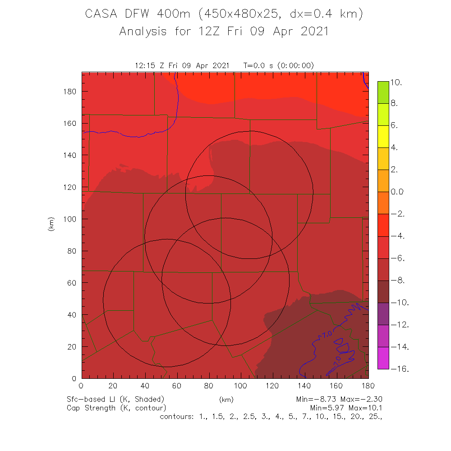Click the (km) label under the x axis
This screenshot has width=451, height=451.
(x=225, y=400)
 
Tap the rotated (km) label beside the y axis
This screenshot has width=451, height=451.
(x=51, y=224)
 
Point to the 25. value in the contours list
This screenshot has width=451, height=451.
(x=375, y=416)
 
